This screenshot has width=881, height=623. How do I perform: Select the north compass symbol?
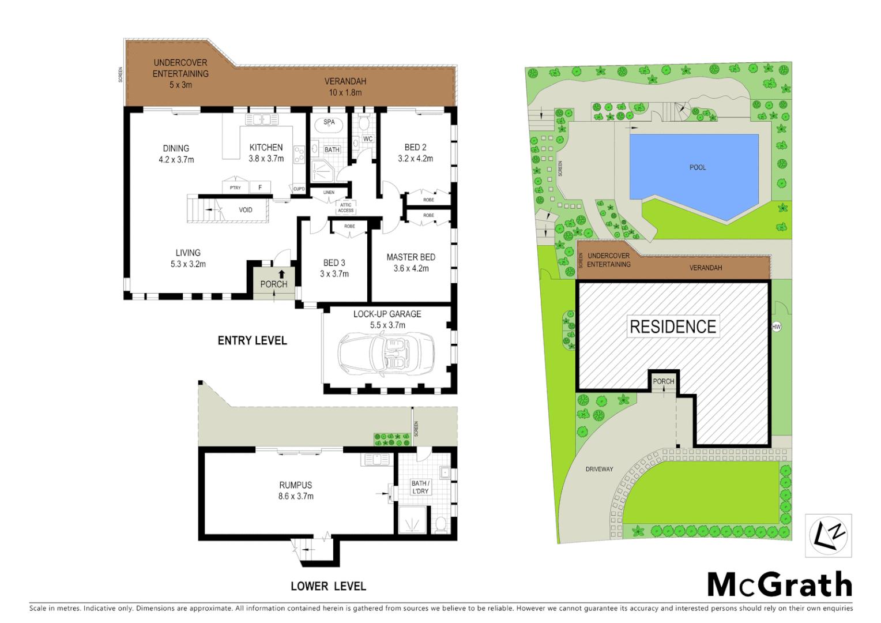pyautogui.click(x=828, y=536)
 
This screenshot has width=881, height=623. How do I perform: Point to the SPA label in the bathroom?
pyautogui.click(x=329, y=122)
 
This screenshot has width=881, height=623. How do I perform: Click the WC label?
pyautogui.click(x=368, y=139)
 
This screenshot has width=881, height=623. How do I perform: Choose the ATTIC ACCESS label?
pyautogui.click(x=346, y=208)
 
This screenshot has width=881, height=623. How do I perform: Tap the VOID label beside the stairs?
pyautogui.click(x=246, y=210)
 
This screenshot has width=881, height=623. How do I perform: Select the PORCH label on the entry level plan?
pyautogui.click(x=273, y=284)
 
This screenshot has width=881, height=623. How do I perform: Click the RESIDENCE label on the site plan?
pyautogui.click(x=673, y=326)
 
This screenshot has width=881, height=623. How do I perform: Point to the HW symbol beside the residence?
pyautogui.click(x=776, y=327)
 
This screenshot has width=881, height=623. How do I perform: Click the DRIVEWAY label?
pyautogui.click(x=599, y=469)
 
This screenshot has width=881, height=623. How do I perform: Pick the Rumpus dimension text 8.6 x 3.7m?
pyautogui.click(x=296, y=496)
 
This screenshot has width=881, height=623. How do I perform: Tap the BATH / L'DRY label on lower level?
pyautogui.click(x=420, y=487)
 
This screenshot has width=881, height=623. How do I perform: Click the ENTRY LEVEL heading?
pyautogui.click(x=252, y=341)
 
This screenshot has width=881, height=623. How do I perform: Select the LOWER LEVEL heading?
pyautogui.click(x=328, y=587)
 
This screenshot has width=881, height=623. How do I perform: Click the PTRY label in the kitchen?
pyautogui.click(x=235, y=188)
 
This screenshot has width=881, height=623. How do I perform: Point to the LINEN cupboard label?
pyautogui.click(x=329, y=193)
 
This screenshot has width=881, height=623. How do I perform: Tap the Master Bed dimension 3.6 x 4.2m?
pyautogui.click(x=411, y=268)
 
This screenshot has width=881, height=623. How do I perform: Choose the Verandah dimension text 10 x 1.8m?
pyautogui.click(x=345, y=92)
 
